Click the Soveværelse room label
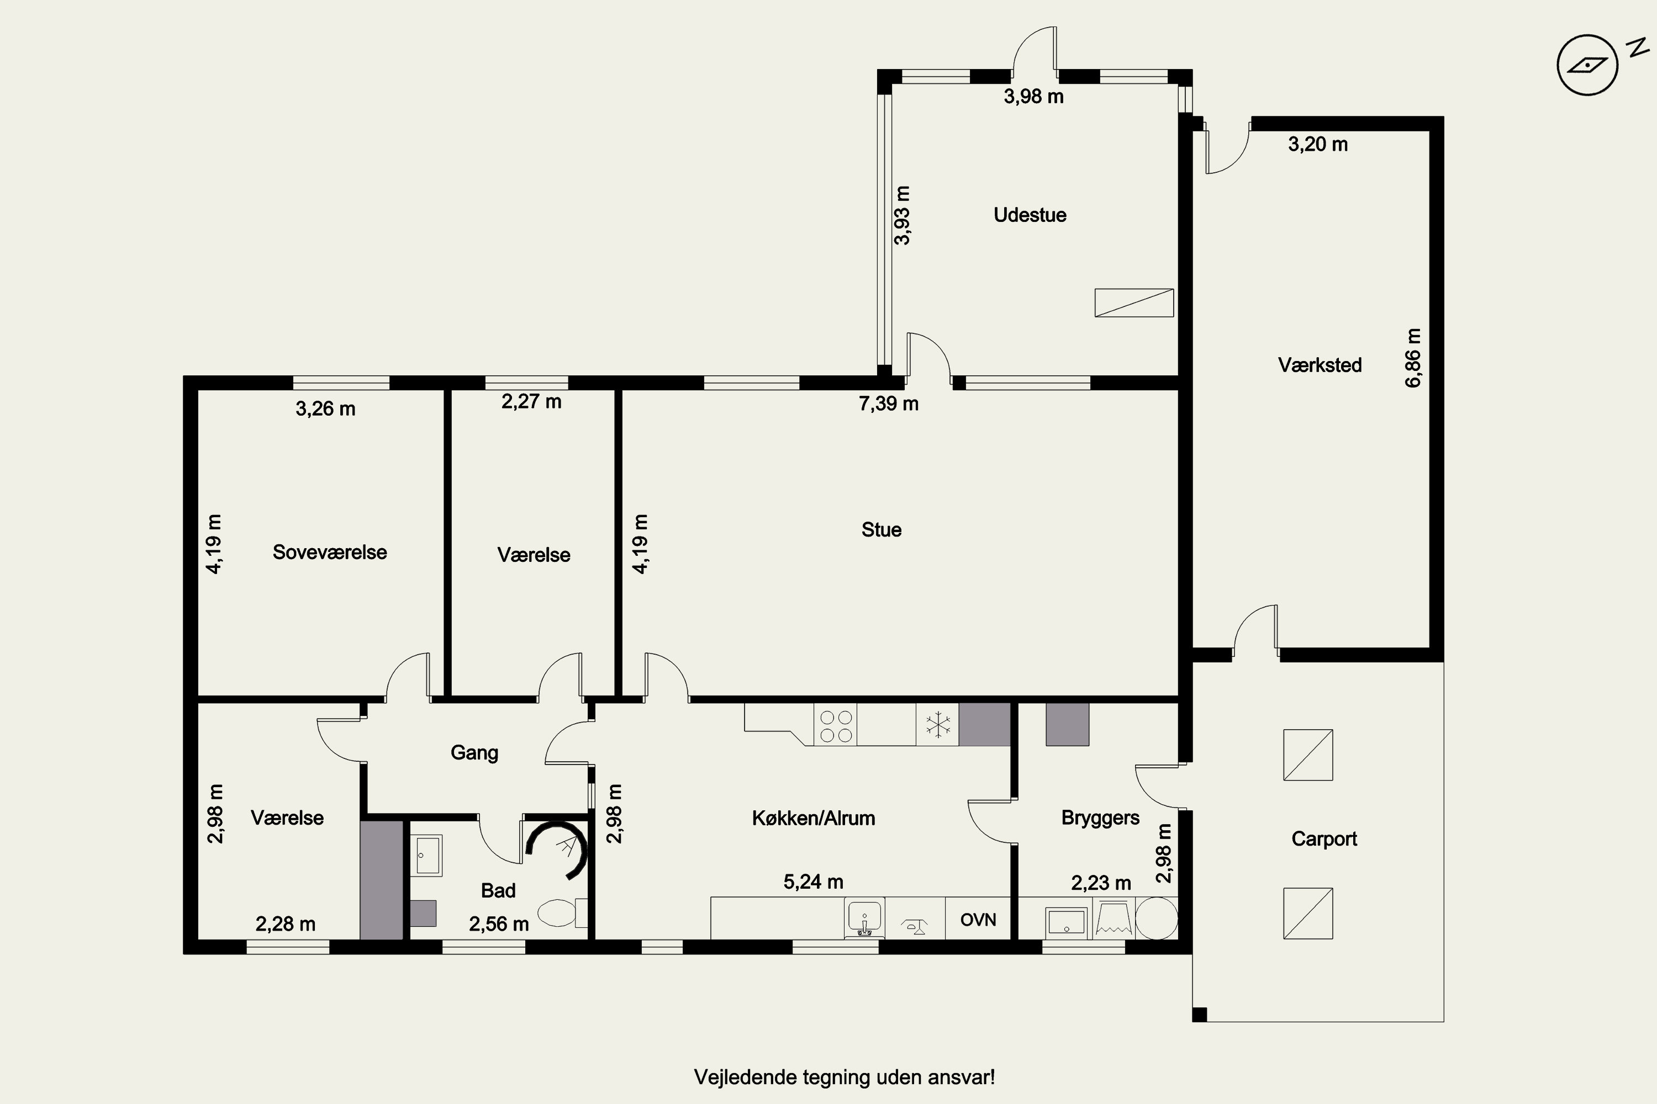(x=330, y=552)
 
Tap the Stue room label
(x=882, y=529)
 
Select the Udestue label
(x=1030, y=215)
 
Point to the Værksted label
(x=1320, y=365)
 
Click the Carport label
(x=1324, y=839)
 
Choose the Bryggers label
(x=1100, y=818)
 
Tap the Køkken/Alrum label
(x=814, y=818)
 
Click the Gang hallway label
(x=474, y=753)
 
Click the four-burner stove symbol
(x=836, y=726)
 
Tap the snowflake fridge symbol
(x=938, y=725)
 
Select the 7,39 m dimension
(x=888, y=404)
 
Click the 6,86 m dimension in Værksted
(x=1413, y=358)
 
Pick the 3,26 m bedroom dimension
(x=325, y=409)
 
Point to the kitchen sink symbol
(x=864, y=918)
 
